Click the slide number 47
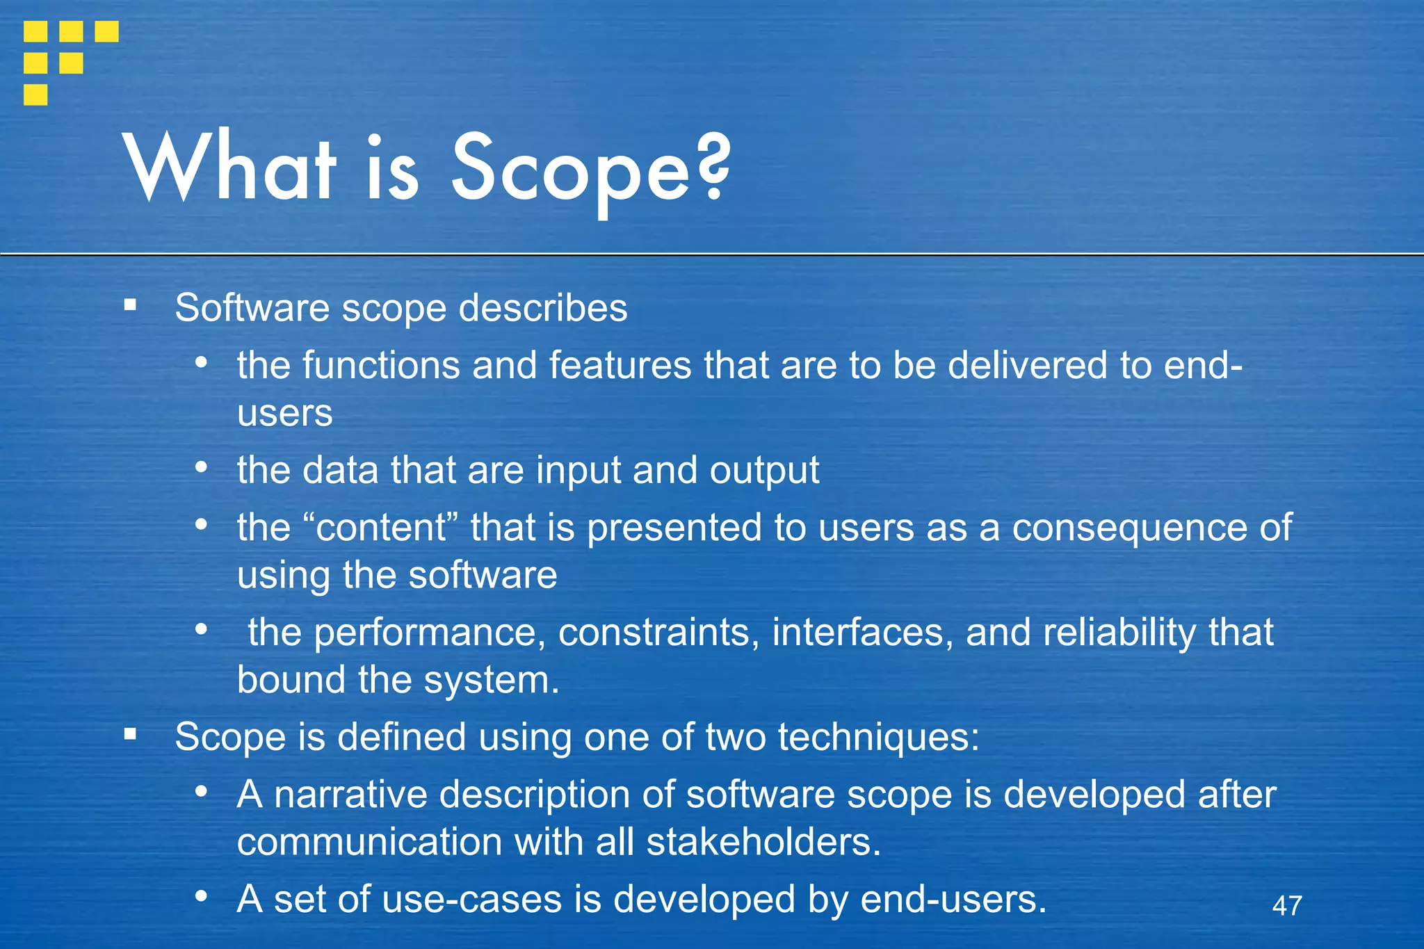click(x=1286, y=905)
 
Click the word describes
click(x=543, y=308)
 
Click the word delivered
click(x=1027, y=365)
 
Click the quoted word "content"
click(x=381, y=527)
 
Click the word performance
click(x=426, y=632)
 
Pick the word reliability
click(x=1119, y=632)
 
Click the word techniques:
click(x=878, y=737)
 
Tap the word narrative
click(x=350, y=794)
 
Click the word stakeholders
click(x=763, y=842)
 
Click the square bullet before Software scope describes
click(x=130, y=305)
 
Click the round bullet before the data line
click(x=201, y=467)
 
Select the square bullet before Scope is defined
click(x=130, y=733)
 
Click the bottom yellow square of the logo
click(x=35, y=95)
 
